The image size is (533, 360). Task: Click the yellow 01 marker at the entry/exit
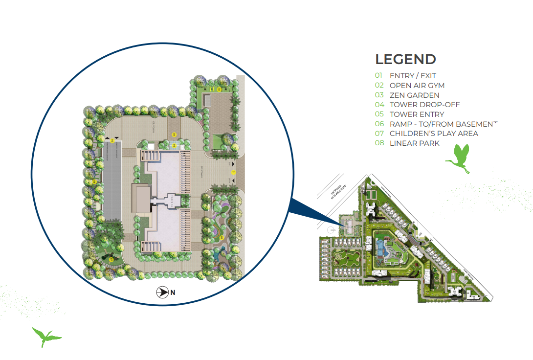pos(233,172)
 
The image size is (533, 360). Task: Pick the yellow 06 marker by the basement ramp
pos(112,141)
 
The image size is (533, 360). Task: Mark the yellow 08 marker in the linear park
pos(94,182)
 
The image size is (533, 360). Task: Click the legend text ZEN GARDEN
pos(414,95)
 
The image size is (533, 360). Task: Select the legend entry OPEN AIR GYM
pos(417,86)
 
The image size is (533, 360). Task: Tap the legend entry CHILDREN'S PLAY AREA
pos(434,134)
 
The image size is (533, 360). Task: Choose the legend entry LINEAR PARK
pos(414,143)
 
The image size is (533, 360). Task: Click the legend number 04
pos(379,105)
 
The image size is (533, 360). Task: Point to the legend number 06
pos(379,124)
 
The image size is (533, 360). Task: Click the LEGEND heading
pos(405,60)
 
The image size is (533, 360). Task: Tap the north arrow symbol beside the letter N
pos(162,293)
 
